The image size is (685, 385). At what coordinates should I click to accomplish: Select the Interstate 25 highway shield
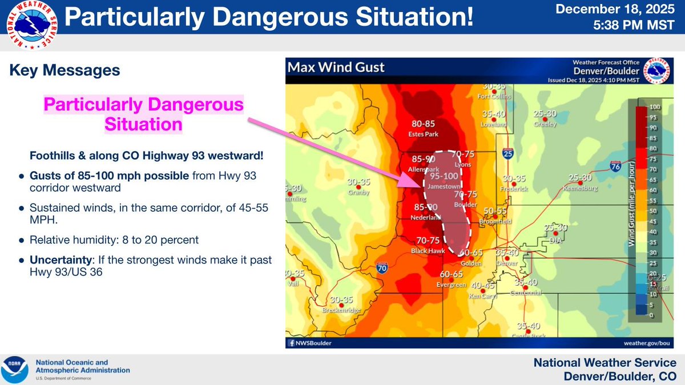coord(507,153)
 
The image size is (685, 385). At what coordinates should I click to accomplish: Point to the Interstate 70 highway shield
coord(382,266)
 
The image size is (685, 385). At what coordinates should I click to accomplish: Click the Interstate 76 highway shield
coord(615,167)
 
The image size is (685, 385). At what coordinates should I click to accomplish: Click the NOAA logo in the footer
coord(15,370)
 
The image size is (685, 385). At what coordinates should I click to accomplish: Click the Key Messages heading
coord(65,70)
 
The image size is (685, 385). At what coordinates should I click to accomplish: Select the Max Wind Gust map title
coord(336,68)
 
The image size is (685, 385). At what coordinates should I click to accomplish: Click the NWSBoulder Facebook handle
coord(312,343)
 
